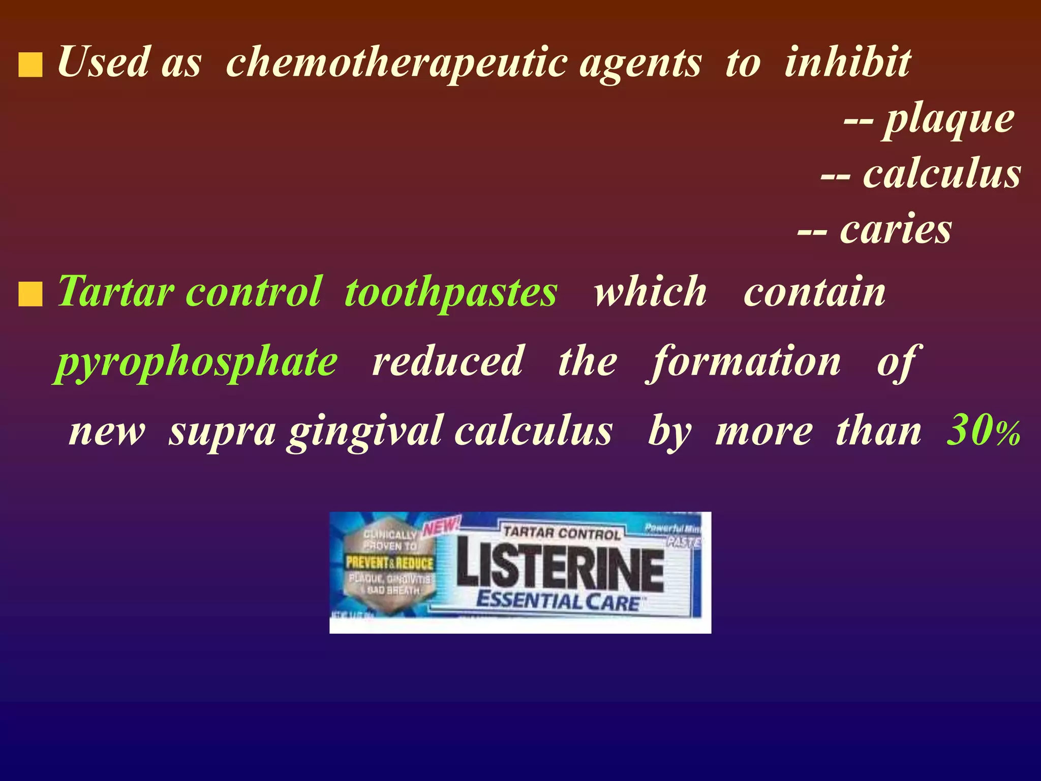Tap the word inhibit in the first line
[x=847, y=62]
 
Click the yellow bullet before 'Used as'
[x=30, y=67]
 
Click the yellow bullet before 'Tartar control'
[x=30, y=295]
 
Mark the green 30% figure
[x=983, y=431]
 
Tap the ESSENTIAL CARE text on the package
[x=558, y=602]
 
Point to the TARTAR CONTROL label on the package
[x=562, y=533]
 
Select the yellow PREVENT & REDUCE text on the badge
[x=389, y=563]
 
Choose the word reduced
[x=447, y=362]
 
